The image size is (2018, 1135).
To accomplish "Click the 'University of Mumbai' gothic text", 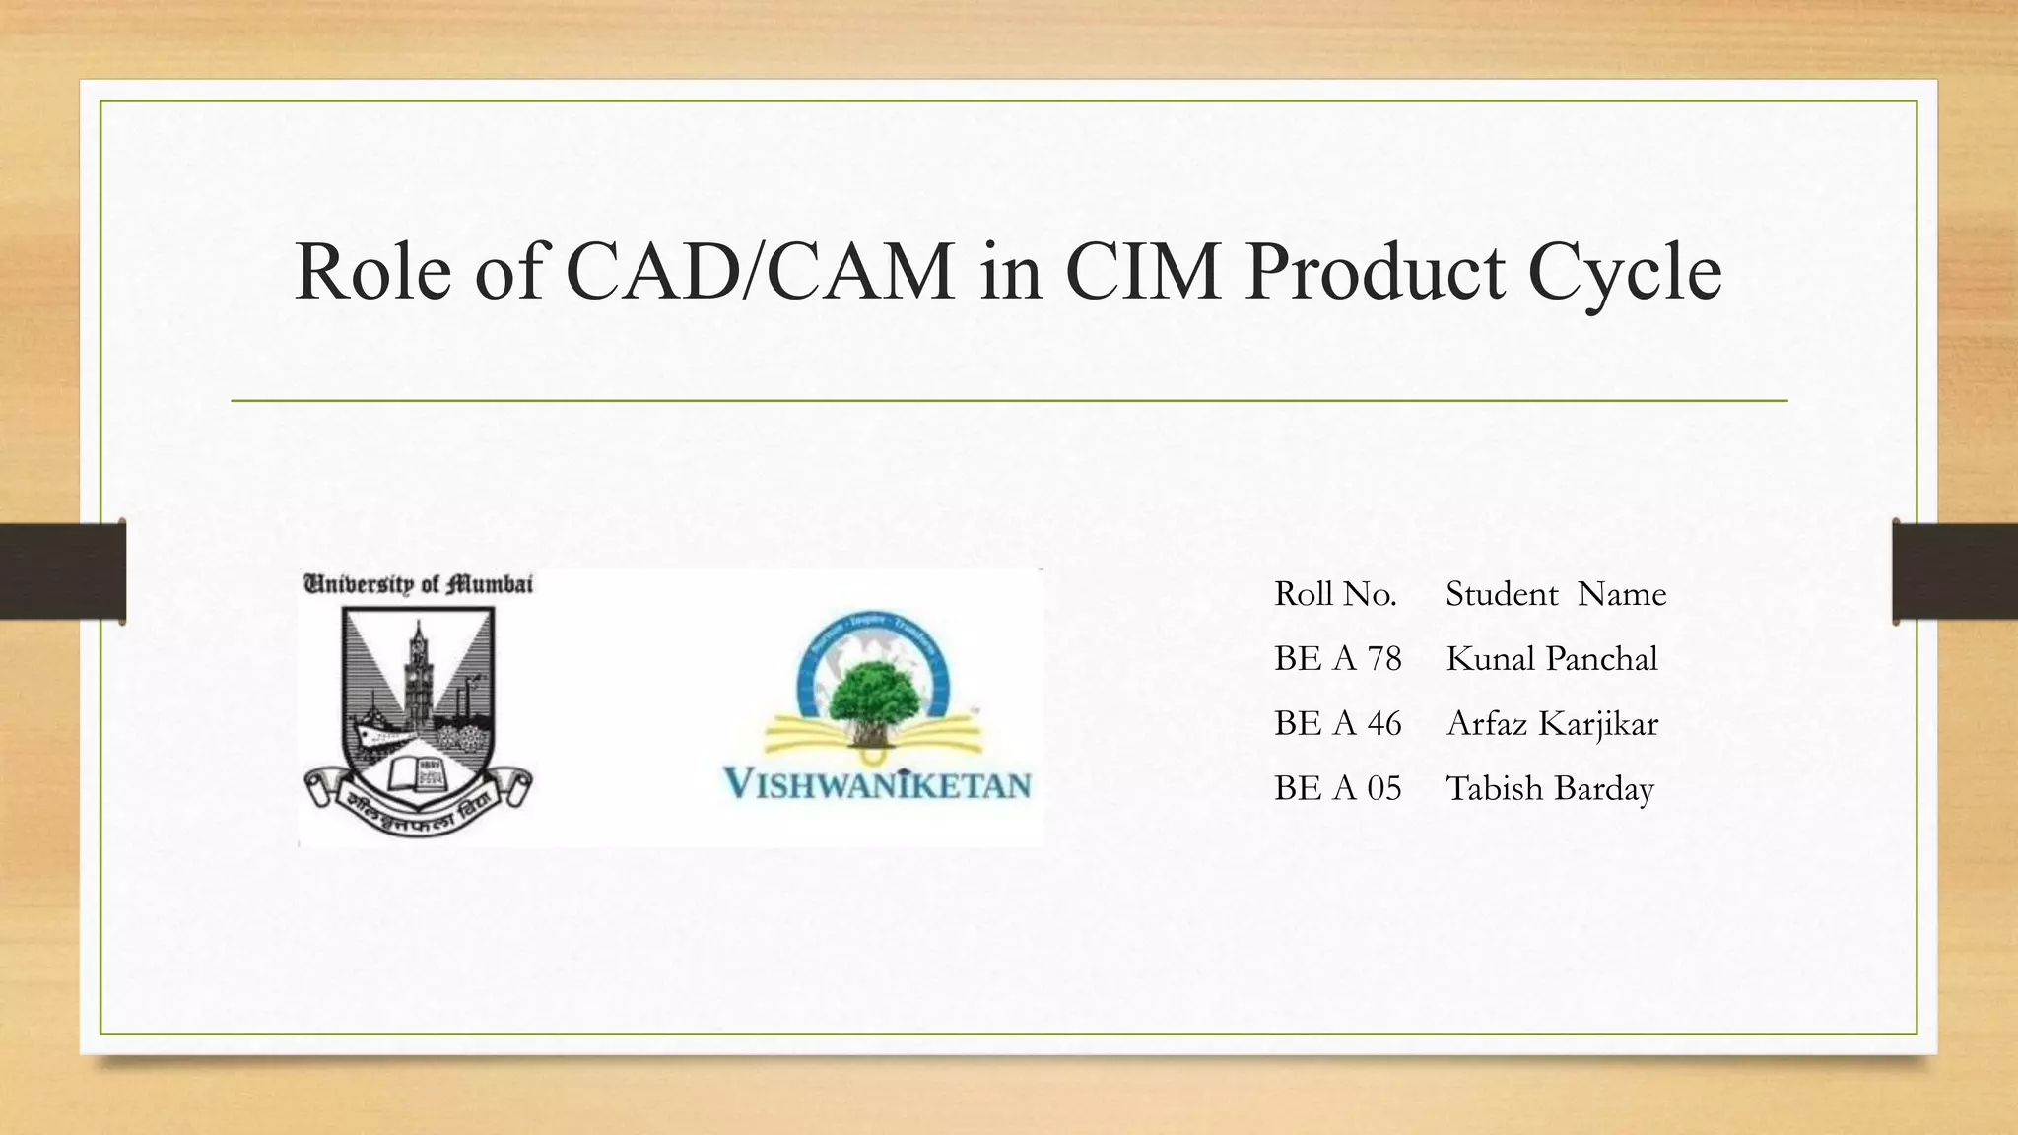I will (x=418, y=584).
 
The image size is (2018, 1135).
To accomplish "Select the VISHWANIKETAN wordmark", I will (x=877, y=785).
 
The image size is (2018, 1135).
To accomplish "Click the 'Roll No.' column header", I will (x=1335, y=594).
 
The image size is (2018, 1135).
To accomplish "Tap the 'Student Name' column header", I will (x=1556, y=594).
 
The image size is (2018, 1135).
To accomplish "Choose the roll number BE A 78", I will (x=1337, y=659).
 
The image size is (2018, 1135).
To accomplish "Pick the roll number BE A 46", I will (x=1337, y=724).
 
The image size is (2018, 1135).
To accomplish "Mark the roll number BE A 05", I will (x=1337, y=789).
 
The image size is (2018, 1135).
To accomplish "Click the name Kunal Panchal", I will (x=1552, y=659).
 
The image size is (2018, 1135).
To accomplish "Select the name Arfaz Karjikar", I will (x=1552, y=724).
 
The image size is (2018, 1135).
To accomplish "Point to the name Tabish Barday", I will (x=1550, y=789).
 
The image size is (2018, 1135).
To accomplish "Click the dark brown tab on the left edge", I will (x=62, y=571).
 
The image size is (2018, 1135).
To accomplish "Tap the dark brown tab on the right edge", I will (x=1955, y=571).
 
